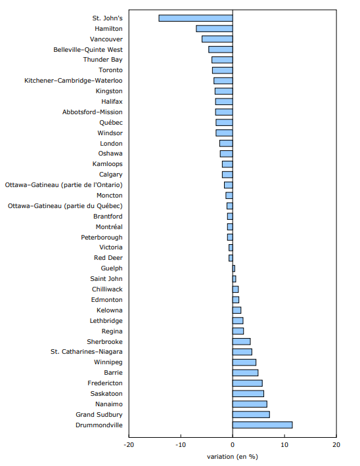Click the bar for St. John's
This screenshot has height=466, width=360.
click(x=196, y=18)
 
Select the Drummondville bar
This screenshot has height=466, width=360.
click(x=262, y=425)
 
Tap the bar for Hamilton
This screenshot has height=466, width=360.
click(x=214, y=28)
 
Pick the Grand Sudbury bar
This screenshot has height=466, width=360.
click(x=251, y=414)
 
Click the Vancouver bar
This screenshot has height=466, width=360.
click(x=217, y=39)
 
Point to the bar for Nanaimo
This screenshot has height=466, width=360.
click(x=250, y=404)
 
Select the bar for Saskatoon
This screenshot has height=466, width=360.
click(x=248, y=393)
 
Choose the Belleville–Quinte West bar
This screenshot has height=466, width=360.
click(x=221, y=49)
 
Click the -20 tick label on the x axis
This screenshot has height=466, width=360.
click(x=129, y=445)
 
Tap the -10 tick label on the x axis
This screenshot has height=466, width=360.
click(x=181, y=445)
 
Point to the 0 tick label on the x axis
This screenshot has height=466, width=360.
click(x=233, y=445)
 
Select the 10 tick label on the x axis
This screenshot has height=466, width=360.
click(x=284, y=445)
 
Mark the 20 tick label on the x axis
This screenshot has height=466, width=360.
click(x=336, y=445)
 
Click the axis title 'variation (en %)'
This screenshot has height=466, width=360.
click(x=232, y=456)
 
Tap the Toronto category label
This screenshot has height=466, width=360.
click(x=110, y=70)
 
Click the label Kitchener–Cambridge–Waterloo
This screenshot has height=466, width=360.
click(x=73, y=81)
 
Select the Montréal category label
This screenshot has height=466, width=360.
click(x=108, y=226)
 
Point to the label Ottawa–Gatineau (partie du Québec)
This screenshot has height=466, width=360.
click(x=65, y=205)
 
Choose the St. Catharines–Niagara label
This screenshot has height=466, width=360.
click(x=87, y=352)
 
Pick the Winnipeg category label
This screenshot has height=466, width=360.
click(x=108, y=362)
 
